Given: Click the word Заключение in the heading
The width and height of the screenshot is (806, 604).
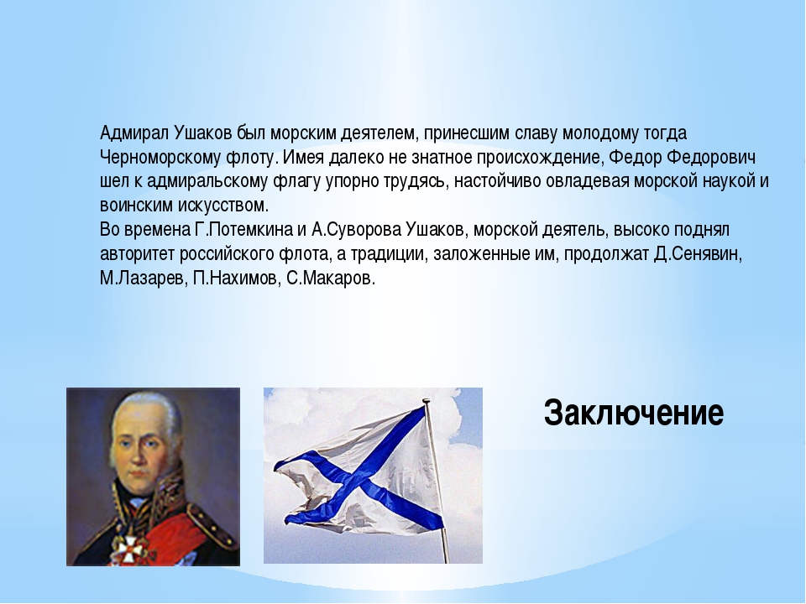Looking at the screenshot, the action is coord(633,413).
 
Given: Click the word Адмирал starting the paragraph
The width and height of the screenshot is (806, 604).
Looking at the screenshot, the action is coord(133,133).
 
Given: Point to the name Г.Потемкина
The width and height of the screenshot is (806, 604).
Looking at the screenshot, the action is coord(243,230).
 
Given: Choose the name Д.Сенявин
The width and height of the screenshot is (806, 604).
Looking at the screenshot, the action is coord(698,254).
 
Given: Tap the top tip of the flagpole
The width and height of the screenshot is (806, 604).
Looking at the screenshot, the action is coord(426,400).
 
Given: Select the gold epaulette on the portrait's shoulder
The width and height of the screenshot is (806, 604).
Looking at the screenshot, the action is coord(212,518).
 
